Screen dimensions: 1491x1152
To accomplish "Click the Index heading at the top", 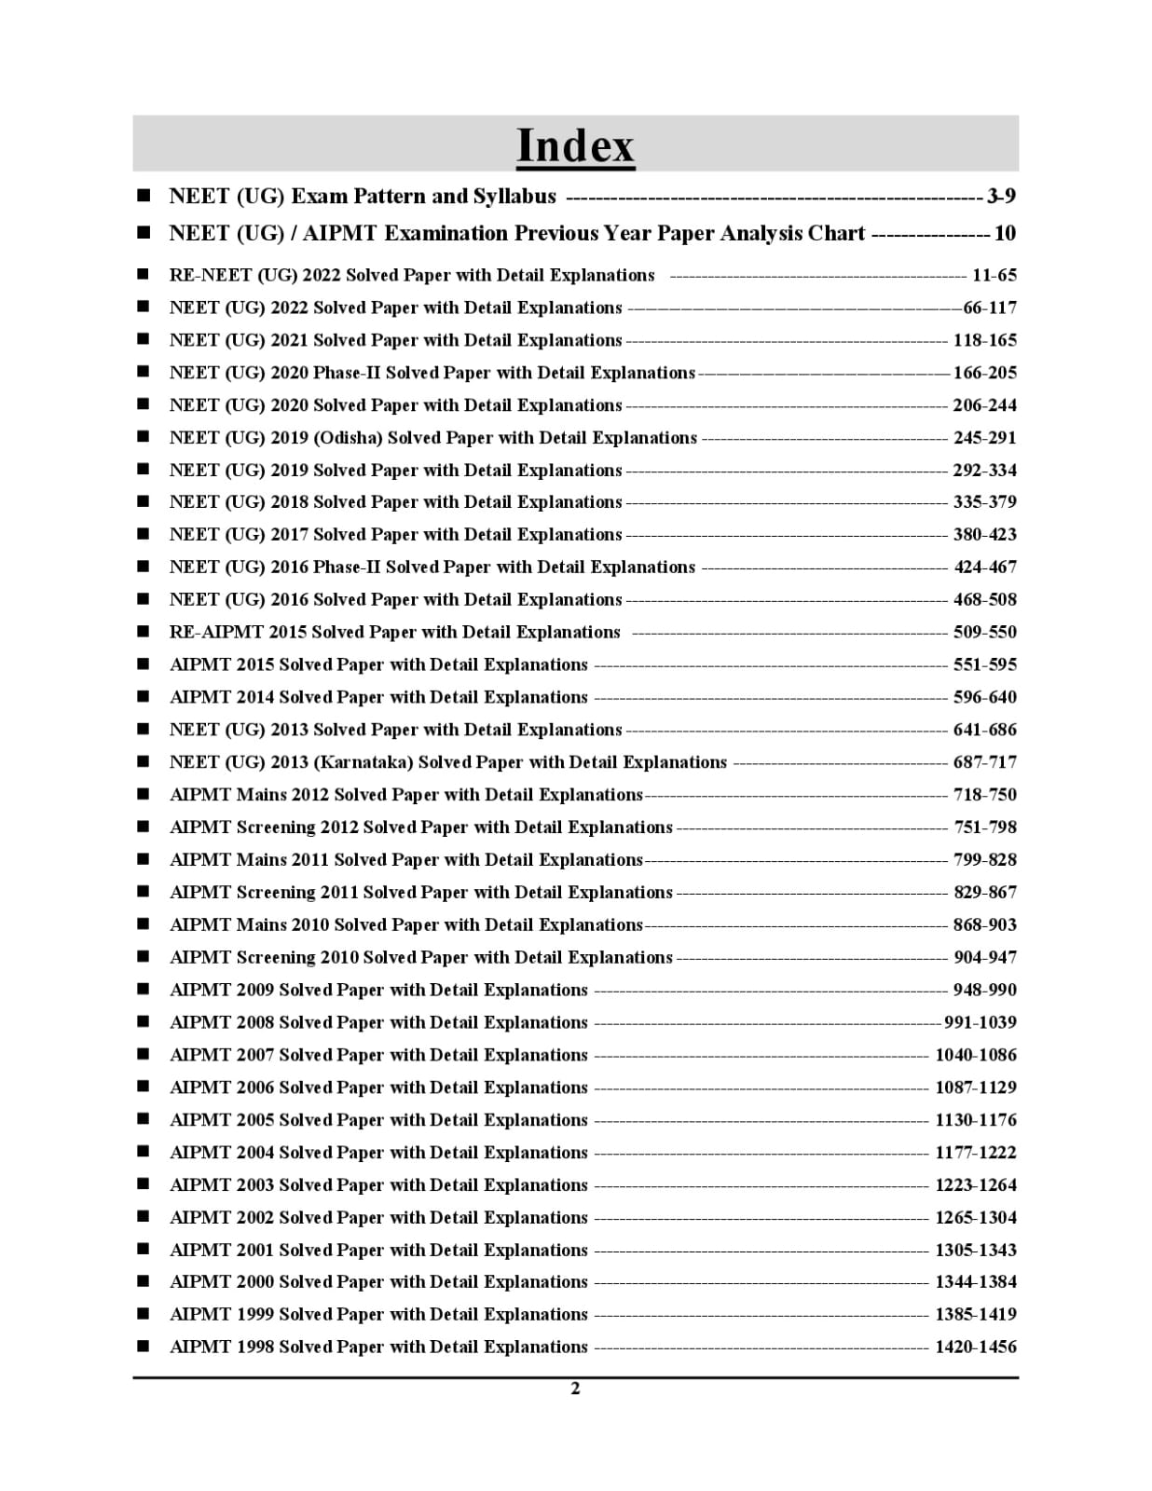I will (575, 145).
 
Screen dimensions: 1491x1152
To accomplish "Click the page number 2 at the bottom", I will (575, 1388).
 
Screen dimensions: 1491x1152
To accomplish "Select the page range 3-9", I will (1001, 196).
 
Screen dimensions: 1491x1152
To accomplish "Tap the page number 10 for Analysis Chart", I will (1005, 233).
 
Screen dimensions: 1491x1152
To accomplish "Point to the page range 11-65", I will (994, 275).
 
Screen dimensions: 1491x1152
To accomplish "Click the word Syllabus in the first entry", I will (514, 196).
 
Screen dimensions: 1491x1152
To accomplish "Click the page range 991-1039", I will (980, 1022).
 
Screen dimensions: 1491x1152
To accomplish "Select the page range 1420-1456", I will (976, 1347).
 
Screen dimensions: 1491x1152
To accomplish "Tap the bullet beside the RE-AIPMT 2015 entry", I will (143, 632).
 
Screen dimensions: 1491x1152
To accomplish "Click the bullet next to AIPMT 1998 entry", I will (143, 1347).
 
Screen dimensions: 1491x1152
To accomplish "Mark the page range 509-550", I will (984, 632).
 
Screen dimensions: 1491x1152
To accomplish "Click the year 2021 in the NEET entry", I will (289, 340).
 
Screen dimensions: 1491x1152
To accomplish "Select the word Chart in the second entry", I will (836, 233).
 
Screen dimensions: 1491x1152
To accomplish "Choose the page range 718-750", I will (984, 794).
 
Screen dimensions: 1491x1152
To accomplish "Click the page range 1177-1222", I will (976, 1152).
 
